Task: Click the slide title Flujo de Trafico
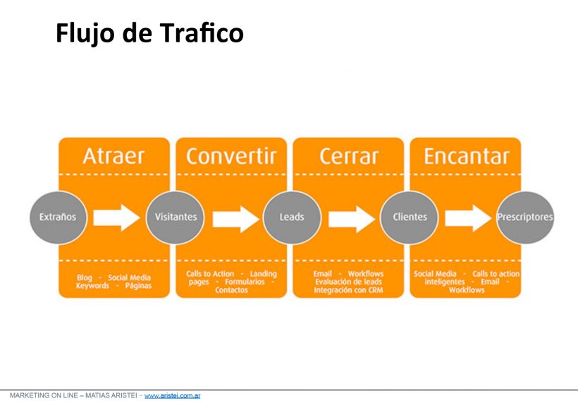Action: coord(149,33)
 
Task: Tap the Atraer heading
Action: coord(113,156)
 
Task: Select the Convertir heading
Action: coord(231,156)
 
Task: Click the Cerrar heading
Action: coord(349,157)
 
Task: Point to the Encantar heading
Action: coord(467,156)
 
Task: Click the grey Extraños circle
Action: coord(59,217)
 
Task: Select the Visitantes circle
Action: coord(176,217)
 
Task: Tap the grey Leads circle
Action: coord(292,217)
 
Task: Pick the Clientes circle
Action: coord(410,217)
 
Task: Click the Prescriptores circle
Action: coord(525,217)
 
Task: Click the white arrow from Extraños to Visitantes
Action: coord(116,218)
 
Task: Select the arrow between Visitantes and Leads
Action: coord(236,219)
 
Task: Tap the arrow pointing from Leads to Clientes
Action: coord(352,219)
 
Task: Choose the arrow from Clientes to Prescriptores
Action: coord(468,218)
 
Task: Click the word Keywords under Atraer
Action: coord(92,286)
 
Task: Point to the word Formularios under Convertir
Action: coord(245,282)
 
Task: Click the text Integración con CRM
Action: coord(348,290)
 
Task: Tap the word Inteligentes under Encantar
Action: coord(445,282)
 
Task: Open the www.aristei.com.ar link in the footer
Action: coord(172,395)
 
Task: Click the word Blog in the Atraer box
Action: coord(85,277)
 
